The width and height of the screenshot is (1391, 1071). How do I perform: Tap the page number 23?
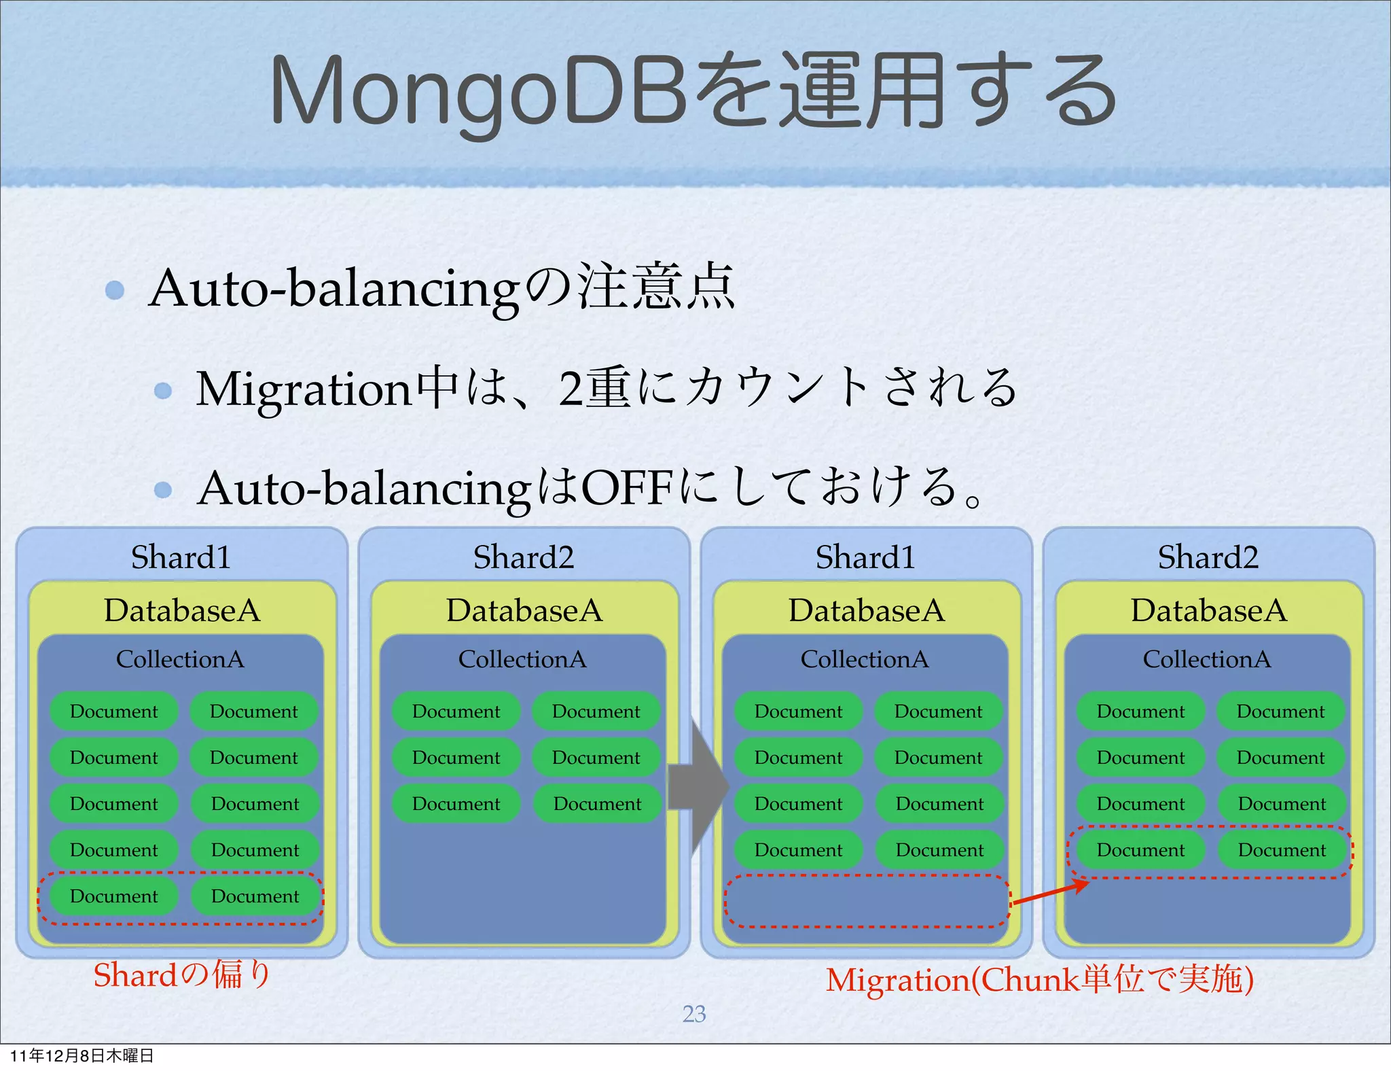693,1014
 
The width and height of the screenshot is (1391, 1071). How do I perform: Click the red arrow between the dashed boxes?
1050,893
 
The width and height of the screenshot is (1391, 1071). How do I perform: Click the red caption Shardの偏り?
181,975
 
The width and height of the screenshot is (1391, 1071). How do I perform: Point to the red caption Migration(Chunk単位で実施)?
1039,980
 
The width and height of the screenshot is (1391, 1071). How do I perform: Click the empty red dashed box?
867,901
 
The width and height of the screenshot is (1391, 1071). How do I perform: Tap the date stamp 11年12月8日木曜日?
82,1055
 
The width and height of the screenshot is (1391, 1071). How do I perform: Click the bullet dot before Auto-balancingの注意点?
115,290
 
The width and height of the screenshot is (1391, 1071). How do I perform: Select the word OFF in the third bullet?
627,488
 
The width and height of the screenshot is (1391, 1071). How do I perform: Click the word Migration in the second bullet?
304,389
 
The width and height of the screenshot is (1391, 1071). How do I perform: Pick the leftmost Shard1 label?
181,557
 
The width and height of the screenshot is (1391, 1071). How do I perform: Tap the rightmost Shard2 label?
1208,557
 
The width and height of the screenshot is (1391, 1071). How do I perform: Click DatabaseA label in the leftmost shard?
182,610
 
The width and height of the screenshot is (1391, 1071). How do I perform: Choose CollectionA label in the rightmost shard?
1206,659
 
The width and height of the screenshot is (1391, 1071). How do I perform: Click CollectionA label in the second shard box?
522,659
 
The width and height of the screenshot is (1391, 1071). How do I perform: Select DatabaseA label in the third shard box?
867,610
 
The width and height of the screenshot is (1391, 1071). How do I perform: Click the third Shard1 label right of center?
865,557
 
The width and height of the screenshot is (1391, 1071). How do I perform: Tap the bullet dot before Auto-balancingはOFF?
163,489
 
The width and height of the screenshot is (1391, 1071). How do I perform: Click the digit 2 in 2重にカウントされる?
571,389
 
